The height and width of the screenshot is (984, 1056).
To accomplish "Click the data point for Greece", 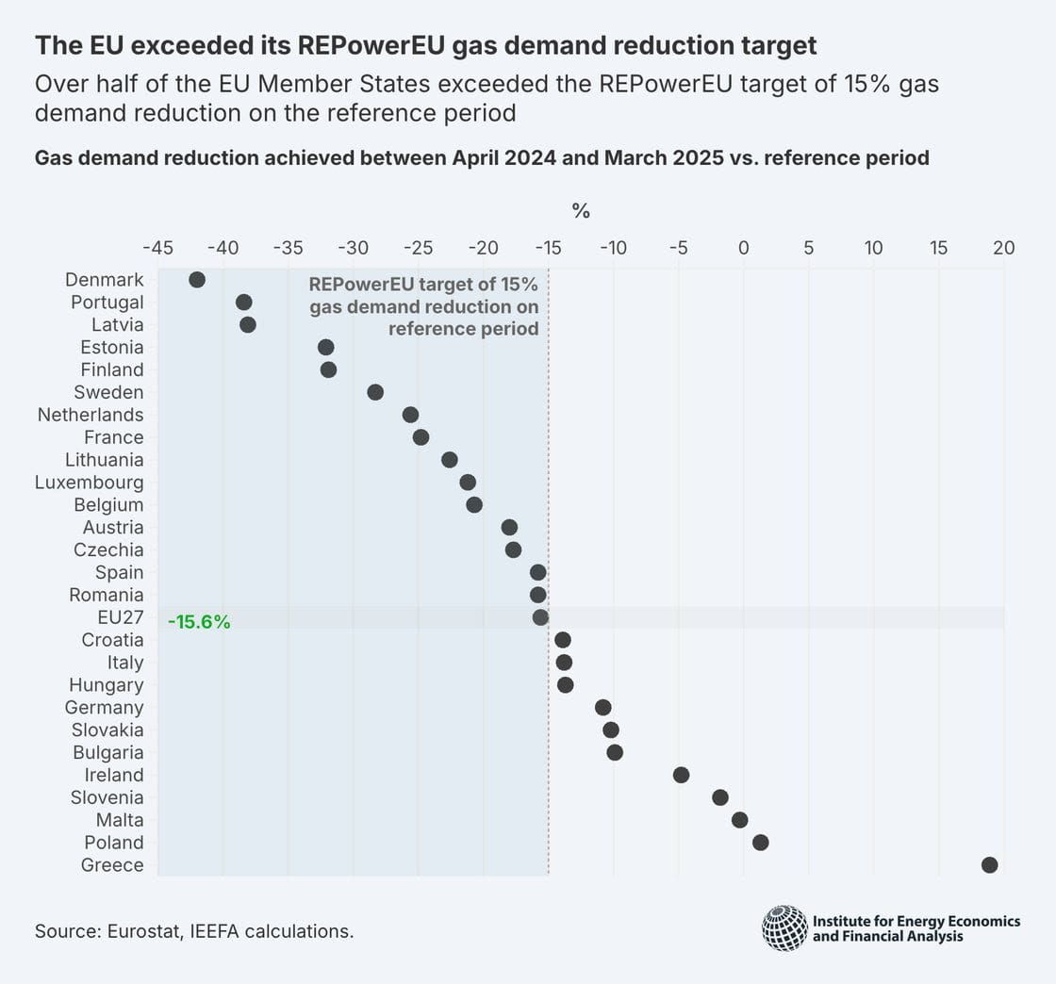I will [989, 865].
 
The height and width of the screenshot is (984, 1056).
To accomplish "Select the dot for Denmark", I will [197, 280].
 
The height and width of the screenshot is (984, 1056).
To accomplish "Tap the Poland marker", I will [761, 843].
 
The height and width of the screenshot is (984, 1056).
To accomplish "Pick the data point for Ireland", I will [682, 775].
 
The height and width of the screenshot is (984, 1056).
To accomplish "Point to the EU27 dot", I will [540, 617].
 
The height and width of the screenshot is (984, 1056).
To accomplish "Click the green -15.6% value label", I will [199, 622].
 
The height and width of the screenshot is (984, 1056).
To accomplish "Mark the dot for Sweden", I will [375, 392].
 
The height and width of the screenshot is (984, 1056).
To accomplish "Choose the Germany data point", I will [603, 708].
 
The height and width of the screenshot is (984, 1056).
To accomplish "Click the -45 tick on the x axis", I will [157, 248].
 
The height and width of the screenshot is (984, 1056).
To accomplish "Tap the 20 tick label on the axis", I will [1003, 248].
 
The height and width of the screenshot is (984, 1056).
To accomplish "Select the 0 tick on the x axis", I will [744, 248].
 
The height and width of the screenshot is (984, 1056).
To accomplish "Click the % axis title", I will [581, 211].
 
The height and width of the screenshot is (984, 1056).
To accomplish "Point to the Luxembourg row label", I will [90, 483].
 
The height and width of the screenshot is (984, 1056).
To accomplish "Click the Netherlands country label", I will [91, 415].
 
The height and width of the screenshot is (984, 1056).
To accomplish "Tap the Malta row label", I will [120, 820].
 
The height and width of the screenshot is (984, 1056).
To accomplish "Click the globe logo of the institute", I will [785, 927].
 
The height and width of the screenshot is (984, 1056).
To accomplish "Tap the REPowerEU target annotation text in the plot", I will [424, 307].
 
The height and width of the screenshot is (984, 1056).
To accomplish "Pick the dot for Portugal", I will [244, 303].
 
